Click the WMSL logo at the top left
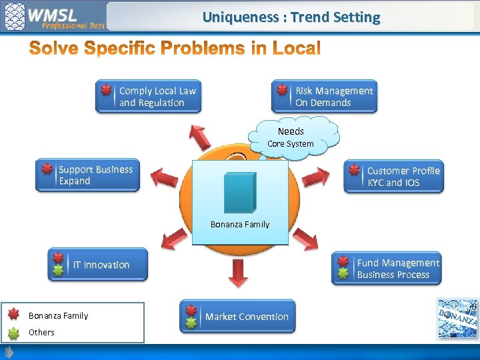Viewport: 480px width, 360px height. (x=53, y=17)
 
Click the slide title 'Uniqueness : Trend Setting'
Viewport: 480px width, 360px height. (x=291, y=17)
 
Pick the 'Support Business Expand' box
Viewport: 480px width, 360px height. (x=87, y=175)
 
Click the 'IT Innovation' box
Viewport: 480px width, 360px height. (x=98, y=265)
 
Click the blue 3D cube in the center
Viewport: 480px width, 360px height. (x=239, y=192)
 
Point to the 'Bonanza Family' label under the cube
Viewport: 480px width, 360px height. (x=240, y=225)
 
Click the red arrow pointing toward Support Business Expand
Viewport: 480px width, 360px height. (x=164, y=177)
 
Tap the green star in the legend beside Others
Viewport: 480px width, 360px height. (x=13, y=332)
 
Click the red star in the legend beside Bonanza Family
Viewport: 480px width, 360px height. (x=13, y=315)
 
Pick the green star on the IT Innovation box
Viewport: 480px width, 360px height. (x=59, y=271)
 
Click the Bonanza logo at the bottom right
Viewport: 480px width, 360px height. (x=457, y=320)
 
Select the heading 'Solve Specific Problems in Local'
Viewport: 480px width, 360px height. (x=175, y=49)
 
